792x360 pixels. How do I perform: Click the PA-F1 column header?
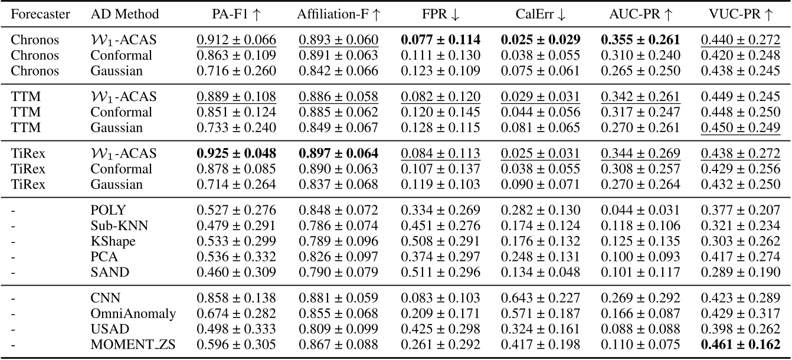point(235,15)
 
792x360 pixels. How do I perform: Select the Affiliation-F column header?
point(337,15)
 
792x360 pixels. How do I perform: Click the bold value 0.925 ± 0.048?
point(235,155)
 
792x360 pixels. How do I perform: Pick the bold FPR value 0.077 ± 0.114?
point(440,41)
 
